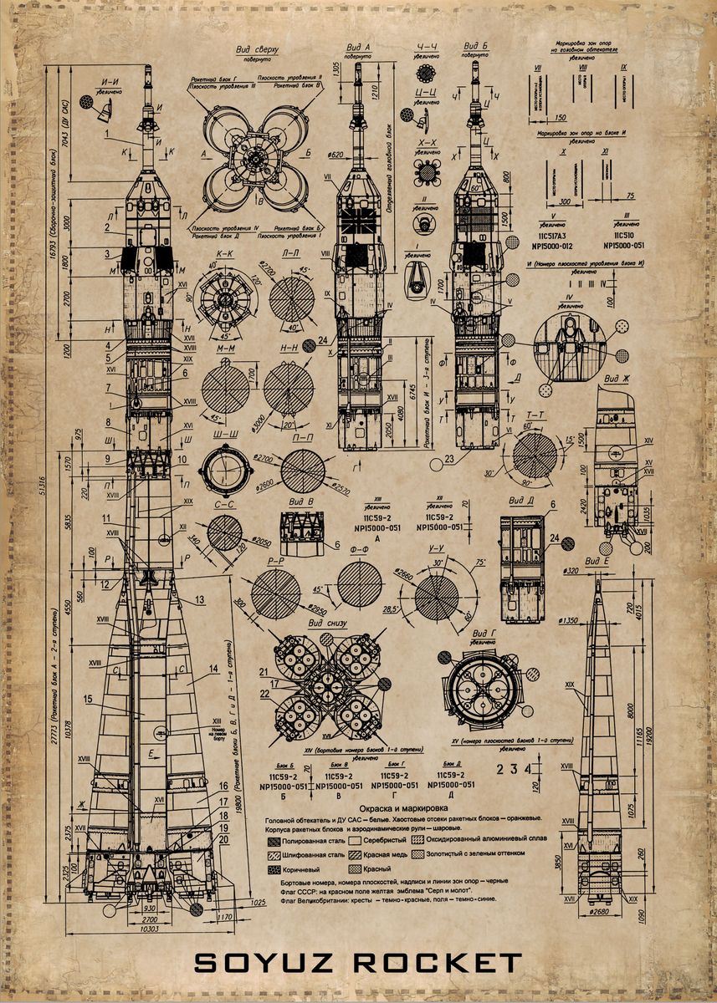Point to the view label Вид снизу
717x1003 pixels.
point(326,624)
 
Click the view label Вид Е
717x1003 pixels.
point(597,561)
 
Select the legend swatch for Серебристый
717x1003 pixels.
point(354,839)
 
